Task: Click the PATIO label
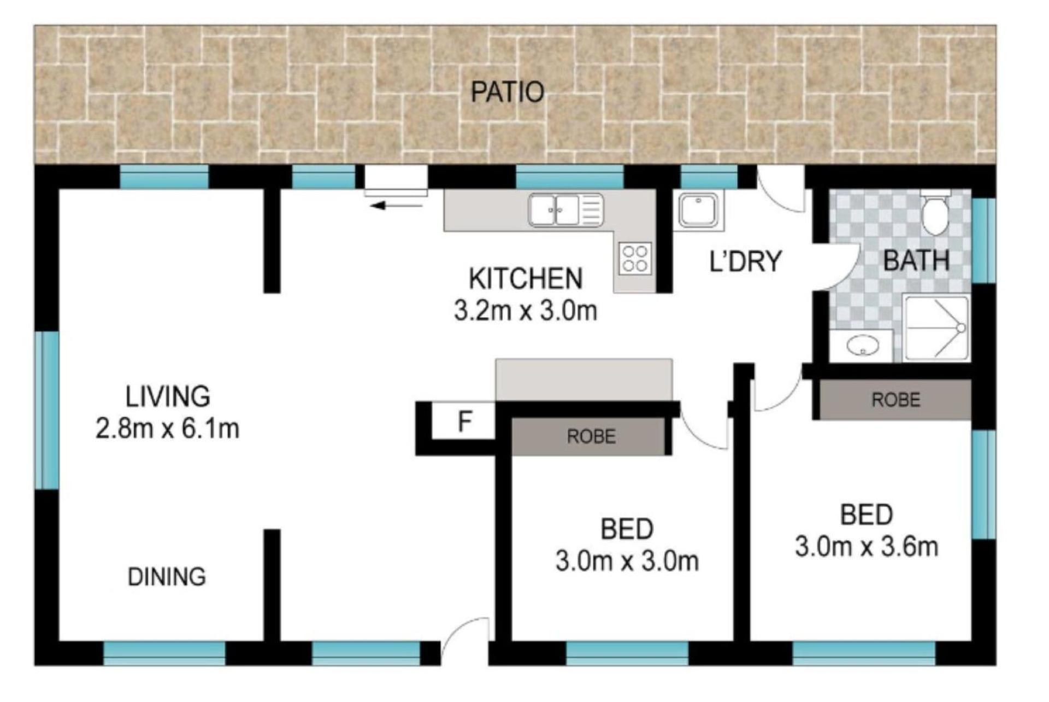tap(507, 92)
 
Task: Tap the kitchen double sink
tap(565, 210)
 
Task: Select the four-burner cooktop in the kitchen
tap(635, 258)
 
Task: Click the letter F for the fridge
tap(464, 422)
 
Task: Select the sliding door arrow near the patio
tap(396, 206)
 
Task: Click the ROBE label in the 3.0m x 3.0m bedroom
tap(591, 436)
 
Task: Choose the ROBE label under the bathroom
tap(895, 400)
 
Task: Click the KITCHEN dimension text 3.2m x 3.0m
tap(525, 311)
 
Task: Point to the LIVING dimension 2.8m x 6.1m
tap(167, 429)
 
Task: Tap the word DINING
tap(167, 577)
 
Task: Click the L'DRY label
tap(745, 261)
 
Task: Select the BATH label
tap(916, 260)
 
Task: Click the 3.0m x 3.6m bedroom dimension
tap(867, 547)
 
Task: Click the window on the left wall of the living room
tap(47, 410)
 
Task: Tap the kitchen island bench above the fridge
tap(584, 379)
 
